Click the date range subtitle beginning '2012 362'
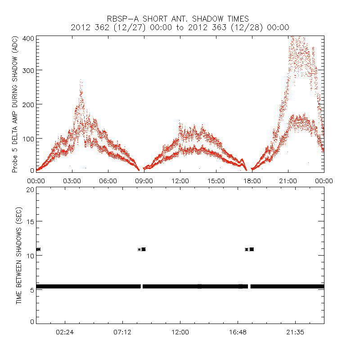point(180,27)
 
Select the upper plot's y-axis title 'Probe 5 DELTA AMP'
point(15,104)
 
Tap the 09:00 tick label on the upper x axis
point(144,180)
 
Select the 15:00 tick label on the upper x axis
point(216,180)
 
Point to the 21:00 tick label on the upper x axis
point(288,180)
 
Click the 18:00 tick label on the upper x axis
point(252,180)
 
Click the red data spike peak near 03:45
point(81,81)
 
